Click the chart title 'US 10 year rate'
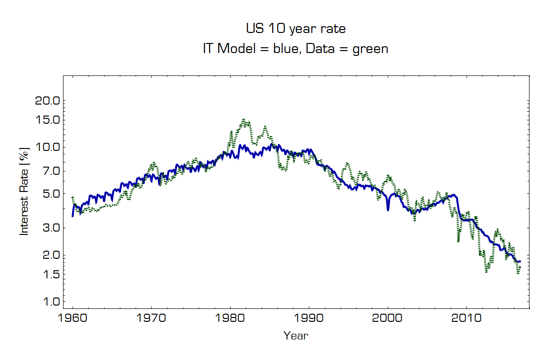296,29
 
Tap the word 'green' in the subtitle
370,49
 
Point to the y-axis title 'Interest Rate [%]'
24,191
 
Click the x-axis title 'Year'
296,336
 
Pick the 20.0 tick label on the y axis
46,101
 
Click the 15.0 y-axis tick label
46,119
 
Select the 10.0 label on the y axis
46,147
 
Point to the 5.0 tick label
49,193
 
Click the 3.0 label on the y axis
49,228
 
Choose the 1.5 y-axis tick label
49,274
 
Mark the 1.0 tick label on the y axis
49,301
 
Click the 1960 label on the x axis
73,319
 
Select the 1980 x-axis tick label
230,319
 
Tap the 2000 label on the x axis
388,319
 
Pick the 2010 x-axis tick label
466,319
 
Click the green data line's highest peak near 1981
243,119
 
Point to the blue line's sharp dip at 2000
388,210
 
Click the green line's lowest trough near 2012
487,272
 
